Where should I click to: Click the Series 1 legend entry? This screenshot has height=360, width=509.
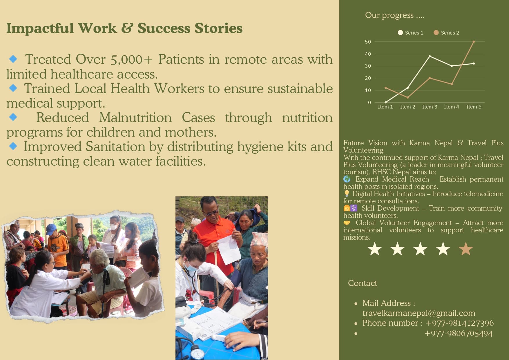[410, 33]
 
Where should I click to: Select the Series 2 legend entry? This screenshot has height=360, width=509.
[446, 33]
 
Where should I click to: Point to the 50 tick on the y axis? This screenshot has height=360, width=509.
[368, 42]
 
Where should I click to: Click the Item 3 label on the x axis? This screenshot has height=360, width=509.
[430, 107]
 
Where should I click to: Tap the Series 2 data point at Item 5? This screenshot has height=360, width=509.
[474, 42]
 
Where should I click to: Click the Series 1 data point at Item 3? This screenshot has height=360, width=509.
[430, 56]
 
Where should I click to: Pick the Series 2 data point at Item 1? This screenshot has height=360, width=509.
[385, 88]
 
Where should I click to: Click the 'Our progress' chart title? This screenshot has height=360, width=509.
[395, 15]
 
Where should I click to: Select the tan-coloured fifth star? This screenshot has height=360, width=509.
[466, 249]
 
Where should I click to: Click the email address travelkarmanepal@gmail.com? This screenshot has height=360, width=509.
[419, 313]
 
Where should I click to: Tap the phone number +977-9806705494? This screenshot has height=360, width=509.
[459, 333]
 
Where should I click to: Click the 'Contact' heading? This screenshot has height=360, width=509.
[363, 283]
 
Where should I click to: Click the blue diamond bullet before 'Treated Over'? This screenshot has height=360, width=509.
[13, 59]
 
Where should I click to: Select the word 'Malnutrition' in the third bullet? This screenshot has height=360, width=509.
[135, 117]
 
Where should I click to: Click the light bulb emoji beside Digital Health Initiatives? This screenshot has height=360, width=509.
[347, 193]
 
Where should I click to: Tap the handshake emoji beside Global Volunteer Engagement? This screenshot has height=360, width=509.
[347, 223]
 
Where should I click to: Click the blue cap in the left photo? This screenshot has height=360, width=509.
[51, 228]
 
